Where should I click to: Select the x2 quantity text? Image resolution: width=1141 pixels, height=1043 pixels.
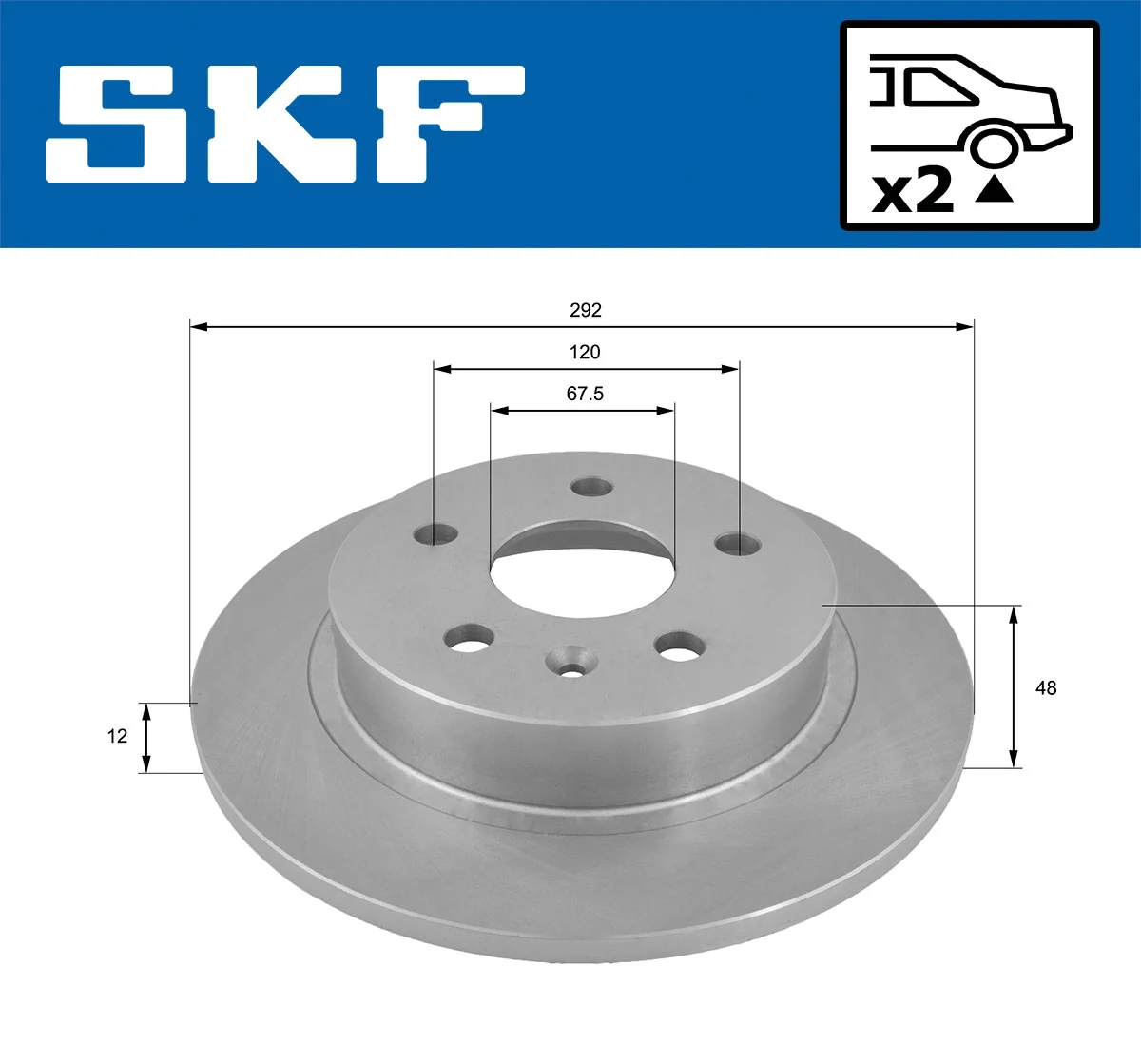click(x=913, y=191)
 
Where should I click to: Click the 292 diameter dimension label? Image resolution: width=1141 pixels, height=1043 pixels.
click(x=586, y=310)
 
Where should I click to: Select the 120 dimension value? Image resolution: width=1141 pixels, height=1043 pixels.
click(x=585, y=353)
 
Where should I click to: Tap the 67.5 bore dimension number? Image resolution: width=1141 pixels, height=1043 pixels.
click(x=585, y=394)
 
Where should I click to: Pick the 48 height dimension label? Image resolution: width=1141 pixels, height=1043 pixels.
click(x=1046, y=687)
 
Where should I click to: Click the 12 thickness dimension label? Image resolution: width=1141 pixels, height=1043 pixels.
click(x=117, y=736)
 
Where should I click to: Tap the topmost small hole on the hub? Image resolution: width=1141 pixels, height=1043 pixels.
click(x=591, y=487)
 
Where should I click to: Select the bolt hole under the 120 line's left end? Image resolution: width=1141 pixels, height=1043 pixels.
click(x=436, y=534)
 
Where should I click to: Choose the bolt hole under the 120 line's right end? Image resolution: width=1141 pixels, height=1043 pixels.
click(x=739, y=543)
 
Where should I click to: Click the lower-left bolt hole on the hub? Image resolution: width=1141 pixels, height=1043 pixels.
click(x=469, y=639)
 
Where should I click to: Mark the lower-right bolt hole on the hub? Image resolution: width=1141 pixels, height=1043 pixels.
click(x=679, y=647)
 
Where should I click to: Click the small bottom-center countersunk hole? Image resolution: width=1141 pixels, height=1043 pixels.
click(x=570, y=662)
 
